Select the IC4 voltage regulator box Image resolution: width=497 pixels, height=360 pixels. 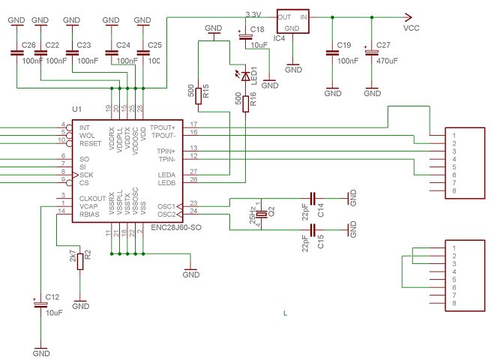pos(293,22)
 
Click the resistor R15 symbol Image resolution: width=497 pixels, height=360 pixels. pos(197,94)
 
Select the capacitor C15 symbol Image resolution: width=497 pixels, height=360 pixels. pos(311,226)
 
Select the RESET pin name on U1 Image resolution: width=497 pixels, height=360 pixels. pos(90,142)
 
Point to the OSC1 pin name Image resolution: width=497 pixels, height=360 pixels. pos(166,205)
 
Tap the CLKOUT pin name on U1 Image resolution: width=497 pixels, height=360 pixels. pos(93,198)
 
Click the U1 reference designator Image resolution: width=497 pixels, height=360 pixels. pos(76,109)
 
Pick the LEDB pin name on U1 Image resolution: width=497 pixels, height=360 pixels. pos(166,182)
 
